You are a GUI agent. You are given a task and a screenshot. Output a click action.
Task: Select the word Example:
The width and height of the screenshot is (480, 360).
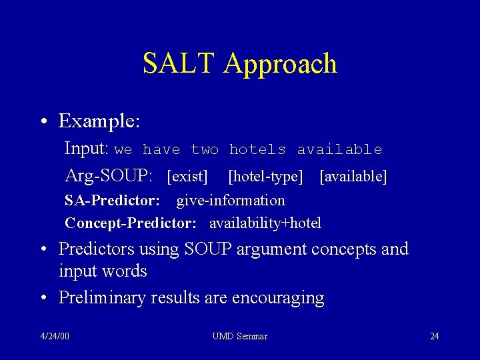pos(99,122)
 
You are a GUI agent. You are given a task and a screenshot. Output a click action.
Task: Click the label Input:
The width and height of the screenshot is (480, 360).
pos(87,149)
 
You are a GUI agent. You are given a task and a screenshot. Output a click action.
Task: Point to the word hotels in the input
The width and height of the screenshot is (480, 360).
pos(257,150)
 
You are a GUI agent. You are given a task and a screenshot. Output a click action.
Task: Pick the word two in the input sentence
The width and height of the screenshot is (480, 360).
pos(205,150)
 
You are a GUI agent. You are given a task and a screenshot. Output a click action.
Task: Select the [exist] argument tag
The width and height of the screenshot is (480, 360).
pos(187,177)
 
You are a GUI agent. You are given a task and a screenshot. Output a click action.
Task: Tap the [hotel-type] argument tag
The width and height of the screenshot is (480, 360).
pos(265,177)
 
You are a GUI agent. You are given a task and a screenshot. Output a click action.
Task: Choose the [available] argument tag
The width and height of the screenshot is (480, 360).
pos(353,177)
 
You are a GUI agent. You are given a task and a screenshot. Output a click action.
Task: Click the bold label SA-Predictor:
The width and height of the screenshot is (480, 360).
pos(112,201)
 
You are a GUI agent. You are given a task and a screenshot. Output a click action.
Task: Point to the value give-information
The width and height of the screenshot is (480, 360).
pos(231,201)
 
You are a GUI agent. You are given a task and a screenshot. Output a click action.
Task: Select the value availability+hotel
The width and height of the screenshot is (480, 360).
pos(265,223)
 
